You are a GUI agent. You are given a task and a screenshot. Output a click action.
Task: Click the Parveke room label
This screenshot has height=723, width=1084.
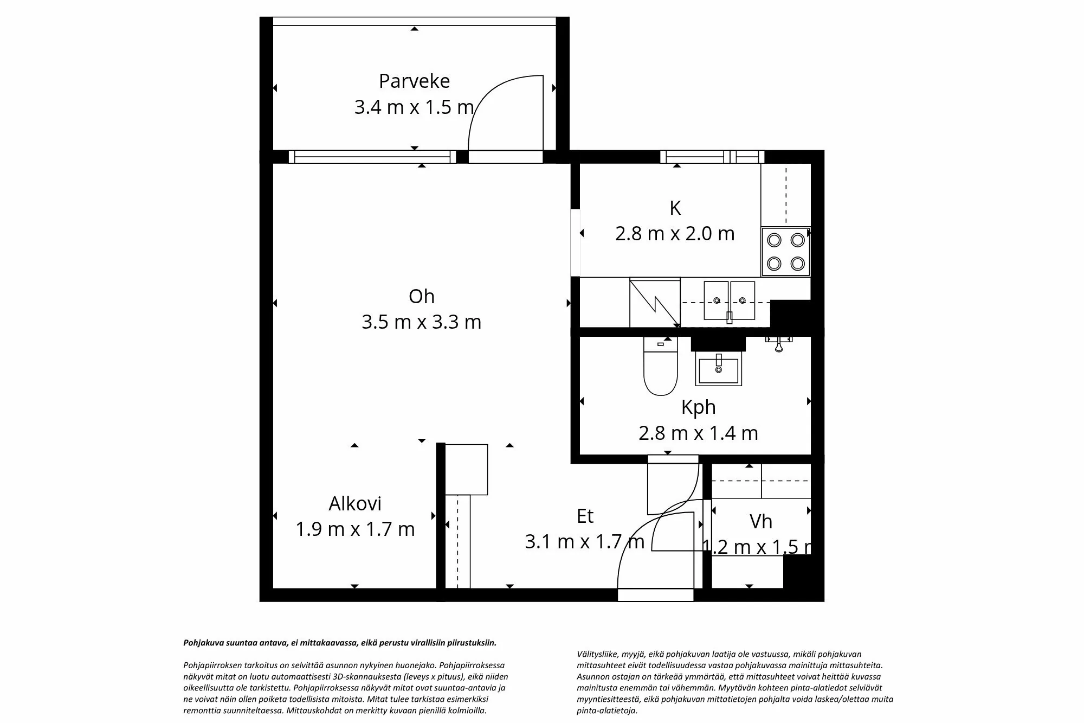(414, 81)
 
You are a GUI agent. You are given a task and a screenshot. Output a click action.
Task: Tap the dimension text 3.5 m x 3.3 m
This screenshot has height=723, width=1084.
(421, 322)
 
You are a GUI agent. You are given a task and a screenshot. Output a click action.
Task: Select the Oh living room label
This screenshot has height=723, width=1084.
(421, 296)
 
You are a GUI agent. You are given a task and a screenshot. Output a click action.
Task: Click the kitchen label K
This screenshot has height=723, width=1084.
(675, 208)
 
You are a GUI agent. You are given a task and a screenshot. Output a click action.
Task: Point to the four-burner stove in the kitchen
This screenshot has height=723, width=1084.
(785, 252)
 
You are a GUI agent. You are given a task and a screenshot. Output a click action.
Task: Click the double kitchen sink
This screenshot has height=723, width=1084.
(729, 300)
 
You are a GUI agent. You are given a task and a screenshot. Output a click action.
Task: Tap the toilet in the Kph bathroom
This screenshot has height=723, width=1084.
(660, 368)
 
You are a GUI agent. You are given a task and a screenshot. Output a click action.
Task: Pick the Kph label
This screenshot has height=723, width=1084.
(698, 407)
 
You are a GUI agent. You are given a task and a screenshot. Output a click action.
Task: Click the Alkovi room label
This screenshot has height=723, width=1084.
(355, 503)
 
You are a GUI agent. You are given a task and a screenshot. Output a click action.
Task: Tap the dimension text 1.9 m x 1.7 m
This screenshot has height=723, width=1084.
(355, 529)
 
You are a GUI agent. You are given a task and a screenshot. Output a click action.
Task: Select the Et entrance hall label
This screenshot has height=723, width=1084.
(585, 516)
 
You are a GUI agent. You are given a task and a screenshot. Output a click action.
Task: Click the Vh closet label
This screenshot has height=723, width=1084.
(760, 522)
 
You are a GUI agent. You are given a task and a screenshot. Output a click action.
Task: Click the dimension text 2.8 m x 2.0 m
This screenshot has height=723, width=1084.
(675, 234)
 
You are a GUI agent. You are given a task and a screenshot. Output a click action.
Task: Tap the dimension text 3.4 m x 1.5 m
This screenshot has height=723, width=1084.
(414, 107)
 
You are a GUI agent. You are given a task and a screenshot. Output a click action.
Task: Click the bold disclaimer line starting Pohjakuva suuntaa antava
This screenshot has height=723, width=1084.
(340, 643)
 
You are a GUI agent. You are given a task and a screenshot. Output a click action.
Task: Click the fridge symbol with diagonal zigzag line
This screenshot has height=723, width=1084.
(655, 303)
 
